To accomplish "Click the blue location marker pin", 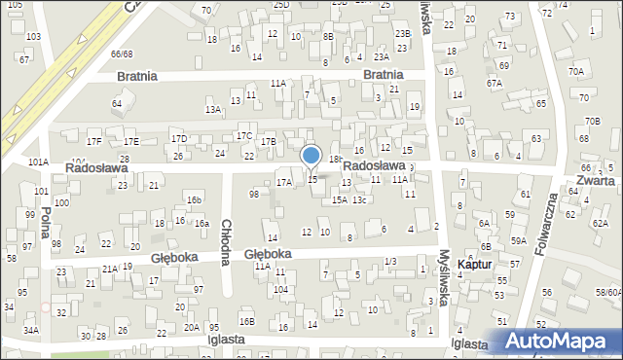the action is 311,156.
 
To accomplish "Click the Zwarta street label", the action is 594,181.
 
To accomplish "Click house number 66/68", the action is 122,54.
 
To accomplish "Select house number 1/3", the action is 389,261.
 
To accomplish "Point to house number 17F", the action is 93,142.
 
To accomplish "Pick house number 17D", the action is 179,138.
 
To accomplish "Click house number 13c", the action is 359,200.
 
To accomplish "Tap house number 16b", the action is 195,199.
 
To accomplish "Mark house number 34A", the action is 31,331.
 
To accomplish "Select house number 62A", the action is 600,224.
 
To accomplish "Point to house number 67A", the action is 495,84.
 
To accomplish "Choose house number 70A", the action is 576,71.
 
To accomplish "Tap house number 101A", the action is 38,162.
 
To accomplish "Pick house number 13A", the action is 213,110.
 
